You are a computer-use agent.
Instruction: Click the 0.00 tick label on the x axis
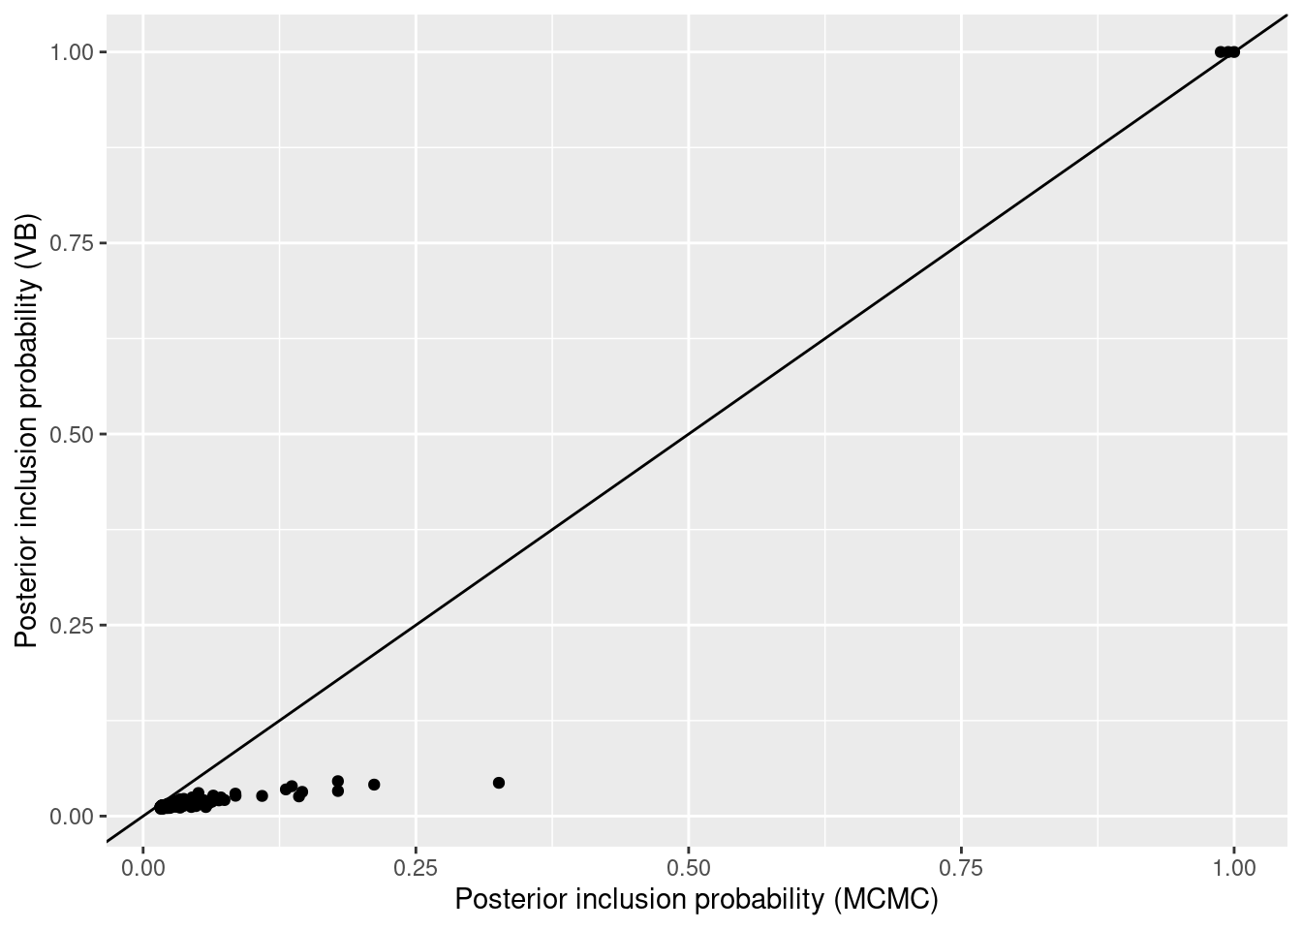coord(143,866)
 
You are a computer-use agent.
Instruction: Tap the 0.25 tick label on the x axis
coord(416,866)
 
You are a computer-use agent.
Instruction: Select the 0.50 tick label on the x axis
coord(689,866)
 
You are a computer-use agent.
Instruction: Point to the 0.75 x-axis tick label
coord(961,866)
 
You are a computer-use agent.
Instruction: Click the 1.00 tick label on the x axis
coord(1233,866)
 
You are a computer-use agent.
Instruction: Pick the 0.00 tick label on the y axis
coord(72,817)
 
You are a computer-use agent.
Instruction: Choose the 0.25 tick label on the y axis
coord(72,625)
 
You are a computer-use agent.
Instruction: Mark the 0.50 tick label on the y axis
coord(72,434)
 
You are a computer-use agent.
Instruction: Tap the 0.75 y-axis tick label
coord(72,242)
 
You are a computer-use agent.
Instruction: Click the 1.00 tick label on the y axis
coord(72,51)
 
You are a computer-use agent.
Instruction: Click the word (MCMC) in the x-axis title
coord(886,900)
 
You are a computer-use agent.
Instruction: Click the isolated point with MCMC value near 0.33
coord(499,783)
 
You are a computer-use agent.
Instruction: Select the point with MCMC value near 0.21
coord(374,785)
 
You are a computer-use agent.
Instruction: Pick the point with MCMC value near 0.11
coord(262,796)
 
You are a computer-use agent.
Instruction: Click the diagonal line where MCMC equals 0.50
coord(689,434)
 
